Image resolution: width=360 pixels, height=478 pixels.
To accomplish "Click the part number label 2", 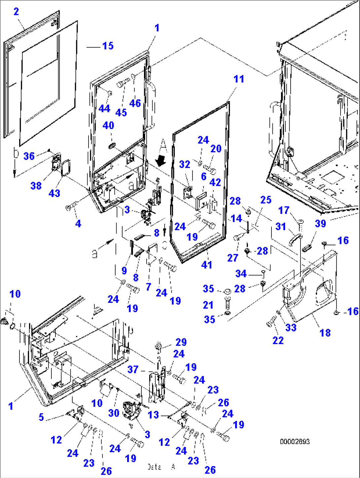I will (16, 12).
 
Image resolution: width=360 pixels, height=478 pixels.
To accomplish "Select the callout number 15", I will (108, 46).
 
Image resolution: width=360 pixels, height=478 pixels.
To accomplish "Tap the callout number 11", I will (239, 79).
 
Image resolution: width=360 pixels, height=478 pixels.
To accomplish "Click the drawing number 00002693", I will (295, 442).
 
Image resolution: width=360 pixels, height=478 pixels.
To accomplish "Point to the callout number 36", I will (29, 156).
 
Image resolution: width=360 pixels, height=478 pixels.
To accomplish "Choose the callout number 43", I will (54, 193).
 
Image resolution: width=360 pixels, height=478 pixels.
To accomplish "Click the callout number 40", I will (108, 126).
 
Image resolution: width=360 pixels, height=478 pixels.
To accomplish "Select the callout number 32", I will (185, 164).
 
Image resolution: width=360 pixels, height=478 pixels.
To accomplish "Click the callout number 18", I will (325, 333).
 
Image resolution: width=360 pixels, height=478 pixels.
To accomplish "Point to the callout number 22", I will (278, 340).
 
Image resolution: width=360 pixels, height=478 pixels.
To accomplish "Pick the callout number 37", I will (133, 369).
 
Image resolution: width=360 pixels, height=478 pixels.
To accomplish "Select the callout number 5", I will (41, 417).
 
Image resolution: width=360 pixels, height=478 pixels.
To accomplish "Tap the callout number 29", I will (181, 342).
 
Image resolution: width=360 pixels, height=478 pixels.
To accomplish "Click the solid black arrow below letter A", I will (162, 161).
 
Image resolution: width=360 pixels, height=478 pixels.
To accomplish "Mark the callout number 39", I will (320, 223).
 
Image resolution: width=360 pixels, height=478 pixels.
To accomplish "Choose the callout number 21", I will (208, 305).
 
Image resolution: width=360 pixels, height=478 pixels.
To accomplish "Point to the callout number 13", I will (153, 415).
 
